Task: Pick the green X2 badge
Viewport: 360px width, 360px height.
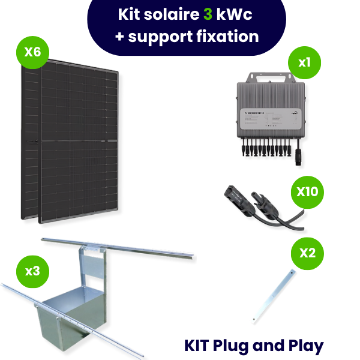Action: point(307,252)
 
